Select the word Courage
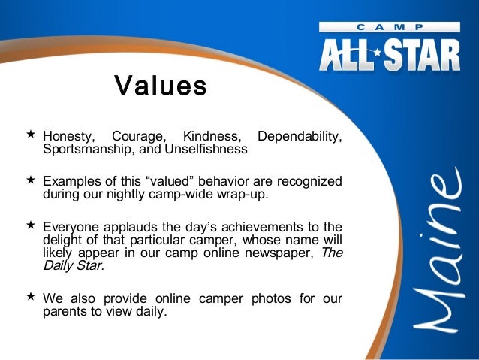[x=139, y=137]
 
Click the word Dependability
[x=300, y=137]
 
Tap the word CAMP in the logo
[x=389, y=26]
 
